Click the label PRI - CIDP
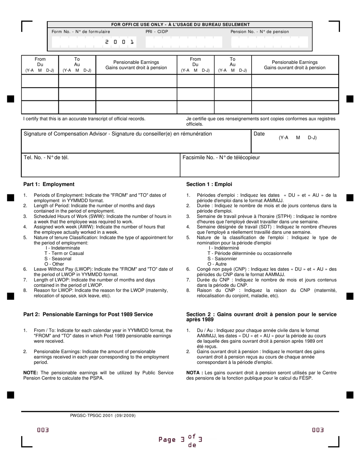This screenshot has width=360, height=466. tap(157, 32)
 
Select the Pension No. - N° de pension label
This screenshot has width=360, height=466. tap(260, 32)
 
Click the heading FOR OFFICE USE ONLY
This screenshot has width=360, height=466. tap(180, 25)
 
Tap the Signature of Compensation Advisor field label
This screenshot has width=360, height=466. tap(118, 134)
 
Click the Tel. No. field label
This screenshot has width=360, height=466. tap(46, 157)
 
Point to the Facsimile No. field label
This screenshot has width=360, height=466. tap(221, 157)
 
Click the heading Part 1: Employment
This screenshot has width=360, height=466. tap(49, 185)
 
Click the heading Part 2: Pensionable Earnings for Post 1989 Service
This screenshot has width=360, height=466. tap(88, 314)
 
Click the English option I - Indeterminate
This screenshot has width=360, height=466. tap(63, 248)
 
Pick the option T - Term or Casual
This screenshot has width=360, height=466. tap(64, 253)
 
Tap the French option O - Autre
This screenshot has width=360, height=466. tap(217, 264)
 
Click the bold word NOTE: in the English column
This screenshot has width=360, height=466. tap(31, 373)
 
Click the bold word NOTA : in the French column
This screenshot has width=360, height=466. tap(194, 373)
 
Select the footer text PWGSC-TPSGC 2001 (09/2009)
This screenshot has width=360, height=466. tap(103, 416)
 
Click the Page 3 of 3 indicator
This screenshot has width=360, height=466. tap(180, 440)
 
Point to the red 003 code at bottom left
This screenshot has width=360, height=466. tap(43, 430)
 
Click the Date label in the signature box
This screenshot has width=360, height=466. tap(259, 134)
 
